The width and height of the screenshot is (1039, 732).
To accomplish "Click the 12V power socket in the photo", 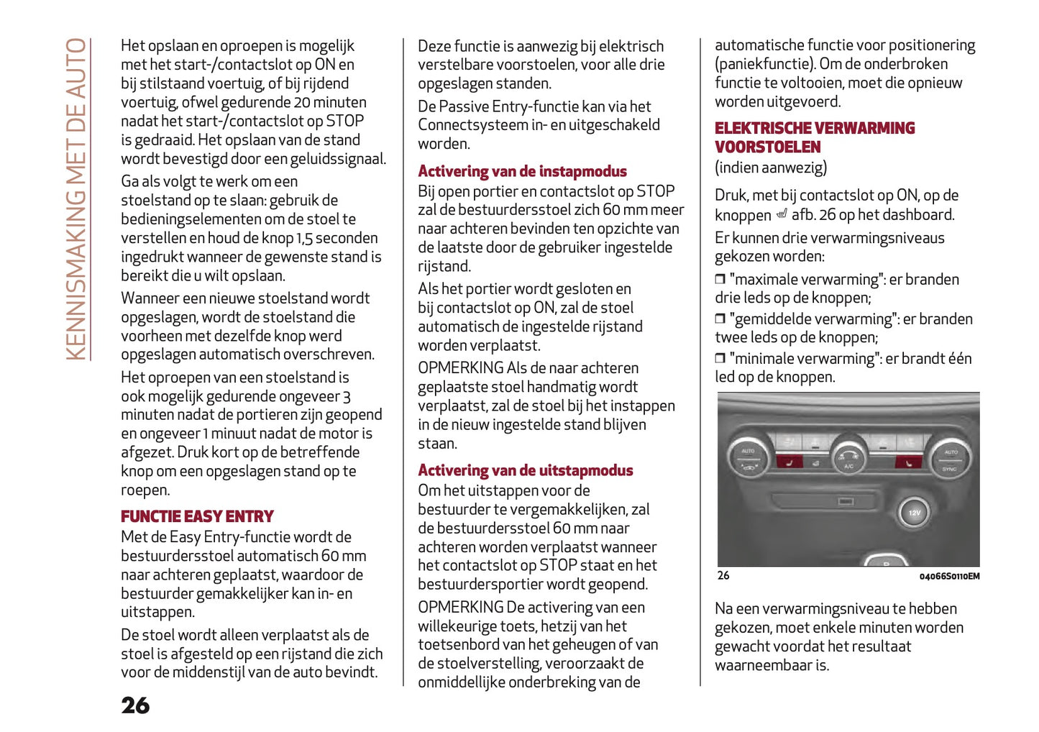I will tap(914, 513).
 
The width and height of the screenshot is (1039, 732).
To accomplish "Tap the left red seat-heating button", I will tap(789, 462).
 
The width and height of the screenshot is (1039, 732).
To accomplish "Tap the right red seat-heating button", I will tap(908, 462).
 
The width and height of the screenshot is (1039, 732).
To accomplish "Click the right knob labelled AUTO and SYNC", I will tap(951, 458).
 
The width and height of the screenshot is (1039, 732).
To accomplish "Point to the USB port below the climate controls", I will tap(846, 500).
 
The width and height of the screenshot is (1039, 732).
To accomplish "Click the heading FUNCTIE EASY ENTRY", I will tap(197, 516).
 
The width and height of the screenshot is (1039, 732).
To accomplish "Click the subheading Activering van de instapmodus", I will tap(522, 171).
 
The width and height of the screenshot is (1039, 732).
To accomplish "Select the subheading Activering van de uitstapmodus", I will tap(525, 470).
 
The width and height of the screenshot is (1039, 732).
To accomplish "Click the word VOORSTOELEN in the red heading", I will tap(767, 147).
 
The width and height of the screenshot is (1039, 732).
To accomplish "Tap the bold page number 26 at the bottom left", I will tap(135, 705).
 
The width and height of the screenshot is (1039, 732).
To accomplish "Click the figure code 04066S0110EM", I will tap(948, 576).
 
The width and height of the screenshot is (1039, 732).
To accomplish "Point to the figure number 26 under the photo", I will tap(723, 575).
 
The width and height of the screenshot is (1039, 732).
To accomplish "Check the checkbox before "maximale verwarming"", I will tap(720, 279).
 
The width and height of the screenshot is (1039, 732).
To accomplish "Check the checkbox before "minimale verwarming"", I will tap(720, 358).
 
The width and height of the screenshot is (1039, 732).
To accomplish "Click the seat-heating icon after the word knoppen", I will tap(782, 214).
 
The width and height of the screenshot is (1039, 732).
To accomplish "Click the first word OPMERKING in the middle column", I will tap(460, 367).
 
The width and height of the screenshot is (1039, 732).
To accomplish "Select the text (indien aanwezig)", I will tap(770, 168).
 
